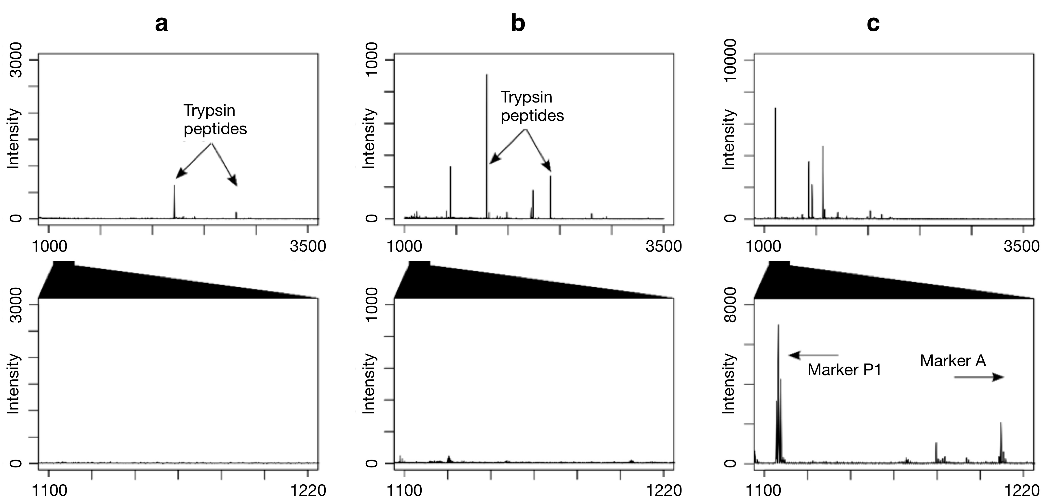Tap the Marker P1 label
pyautogui.click(x=844, y=370)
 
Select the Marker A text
pyautogui.click(x=953, y=360)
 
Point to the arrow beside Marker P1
pyautogui.click(x=813, y=355)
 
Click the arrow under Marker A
pyautogui.click(x=979, y=377)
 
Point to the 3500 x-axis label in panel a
pyautogui.click(x=308, y=246)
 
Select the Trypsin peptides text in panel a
pyautogui.click(x=215, y=120)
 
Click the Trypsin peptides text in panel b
pyautogui.click(x=532, y=106)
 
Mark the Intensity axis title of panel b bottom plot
pyautogui.click(x=368, y=383)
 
